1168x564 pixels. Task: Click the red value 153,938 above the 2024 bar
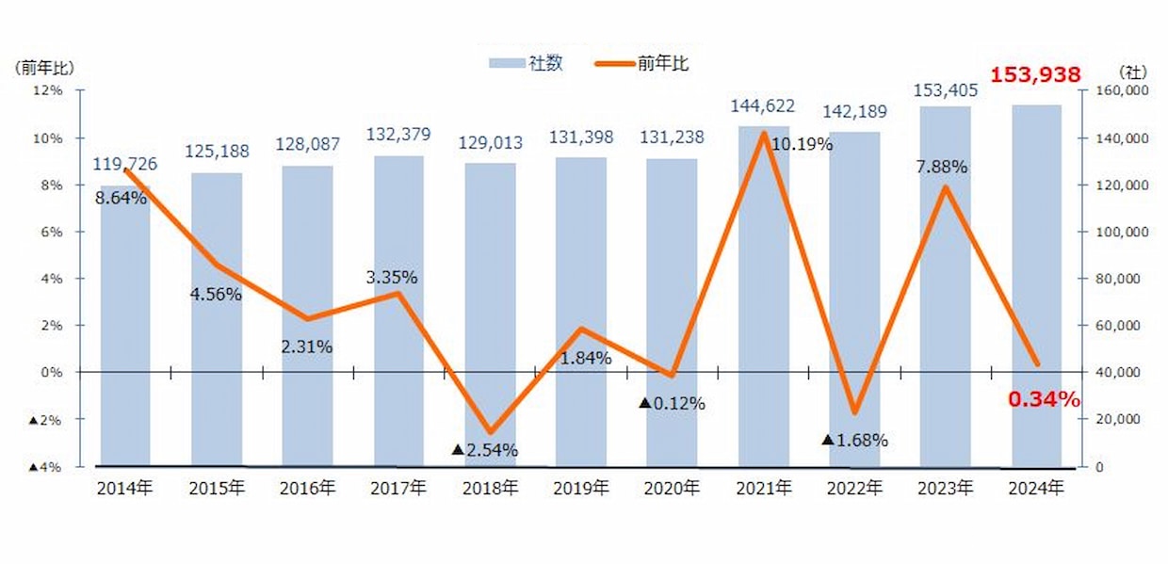1034,74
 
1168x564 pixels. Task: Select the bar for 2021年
764,301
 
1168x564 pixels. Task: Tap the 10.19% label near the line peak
802,144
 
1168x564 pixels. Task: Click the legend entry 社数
527,64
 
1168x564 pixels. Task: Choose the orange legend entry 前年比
650,64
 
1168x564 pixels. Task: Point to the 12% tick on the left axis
48,91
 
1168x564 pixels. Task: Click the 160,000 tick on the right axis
1120,91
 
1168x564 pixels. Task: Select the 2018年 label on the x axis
491,488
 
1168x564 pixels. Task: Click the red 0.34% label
1044,399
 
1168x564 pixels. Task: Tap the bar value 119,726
124,164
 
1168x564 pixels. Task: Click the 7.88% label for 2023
941,167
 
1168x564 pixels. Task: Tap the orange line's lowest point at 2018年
490,432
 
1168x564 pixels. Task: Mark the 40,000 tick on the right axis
1117,373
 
